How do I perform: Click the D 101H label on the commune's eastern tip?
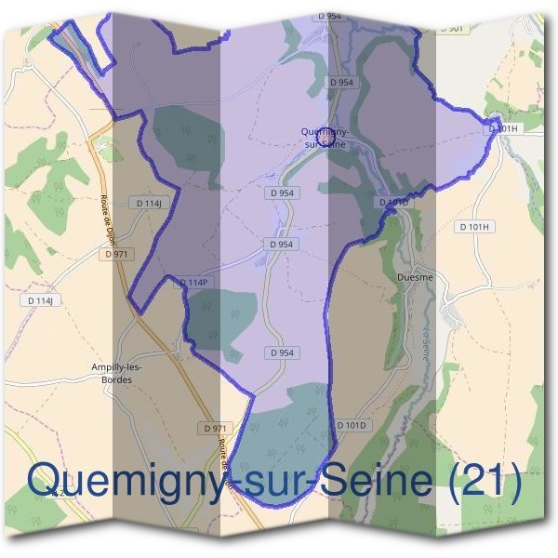pyautogui.click(x=502, y=128)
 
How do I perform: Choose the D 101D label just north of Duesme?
pyautogui.click(x=394, y=202)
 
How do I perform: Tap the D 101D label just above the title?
pyautogui.click(x=352, y=425)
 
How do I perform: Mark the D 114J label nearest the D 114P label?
pyautogui.click(x=149, y=203)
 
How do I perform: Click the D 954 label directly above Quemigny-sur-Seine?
pyautogui.click(x=341, y=83)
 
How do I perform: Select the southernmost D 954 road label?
pyautogui.click(x=282, y=352)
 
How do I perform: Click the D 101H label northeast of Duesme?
pyautogui.click(x=474, y=226)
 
